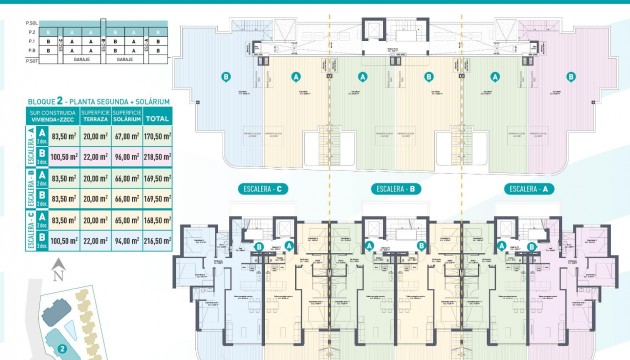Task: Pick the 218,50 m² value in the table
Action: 157,156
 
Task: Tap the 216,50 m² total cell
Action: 157,242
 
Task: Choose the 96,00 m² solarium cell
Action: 126,156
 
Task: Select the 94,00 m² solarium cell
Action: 126,242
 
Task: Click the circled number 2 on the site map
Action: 62,350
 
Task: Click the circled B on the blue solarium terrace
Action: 226,76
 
